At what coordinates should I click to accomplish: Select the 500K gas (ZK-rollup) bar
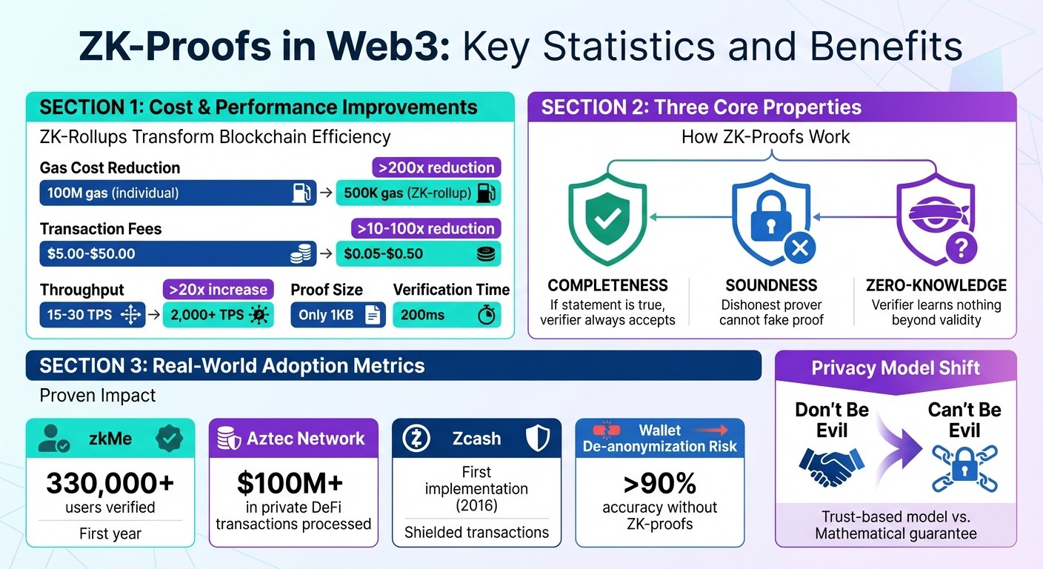[418, 193]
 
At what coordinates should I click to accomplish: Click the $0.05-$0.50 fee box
[418, 253]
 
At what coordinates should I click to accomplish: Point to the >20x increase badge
[218, 289]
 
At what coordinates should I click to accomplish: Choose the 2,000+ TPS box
[218, 315]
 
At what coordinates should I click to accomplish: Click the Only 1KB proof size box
[338, 315]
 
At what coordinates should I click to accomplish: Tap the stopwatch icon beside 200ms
[486, 316]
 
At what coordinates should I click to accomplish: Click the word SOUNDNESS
[771, 285]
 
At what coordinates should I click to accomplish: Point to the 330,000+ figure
[110, 483]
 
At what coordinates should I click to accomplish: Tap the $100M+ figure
[290, 483]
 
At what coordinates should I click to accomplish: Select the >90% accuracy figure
[659, 483]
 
